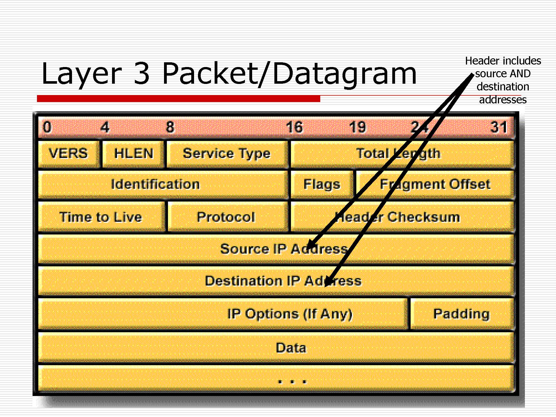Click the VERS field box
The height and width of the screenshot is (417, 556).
[x=68, y=154]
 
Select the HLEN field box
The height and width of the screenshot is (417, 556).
[x=133, y=154]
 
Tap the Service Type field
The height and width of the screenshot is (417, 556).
[x=227, y=154]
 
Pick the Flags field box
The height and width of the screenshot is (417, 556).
[x=322, y=184]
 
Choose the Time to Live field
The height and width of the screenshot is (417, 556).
[x=101, y=217]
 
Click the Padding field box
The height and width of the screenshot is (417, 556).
[x=461, y=314]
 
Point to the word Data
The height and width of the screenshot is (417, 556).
[x=291, y=348]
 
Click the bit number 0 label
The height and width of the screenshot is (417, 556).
[x=47, y=127]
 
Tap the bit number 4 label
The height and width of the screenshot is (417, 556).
[x=105, y=127]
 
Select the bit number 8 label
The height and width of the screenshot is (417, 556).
[x=170, y=127]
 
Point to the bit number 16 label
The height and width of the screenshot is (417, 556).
[x=294, y=127]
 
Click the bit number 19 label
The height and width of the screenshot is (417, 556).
[x=358, y=127]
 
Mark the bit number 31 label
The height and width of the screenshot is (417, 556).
[x=499, y=127]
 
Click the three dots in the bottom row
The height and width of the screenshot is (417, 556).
[x=292, y=382]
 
